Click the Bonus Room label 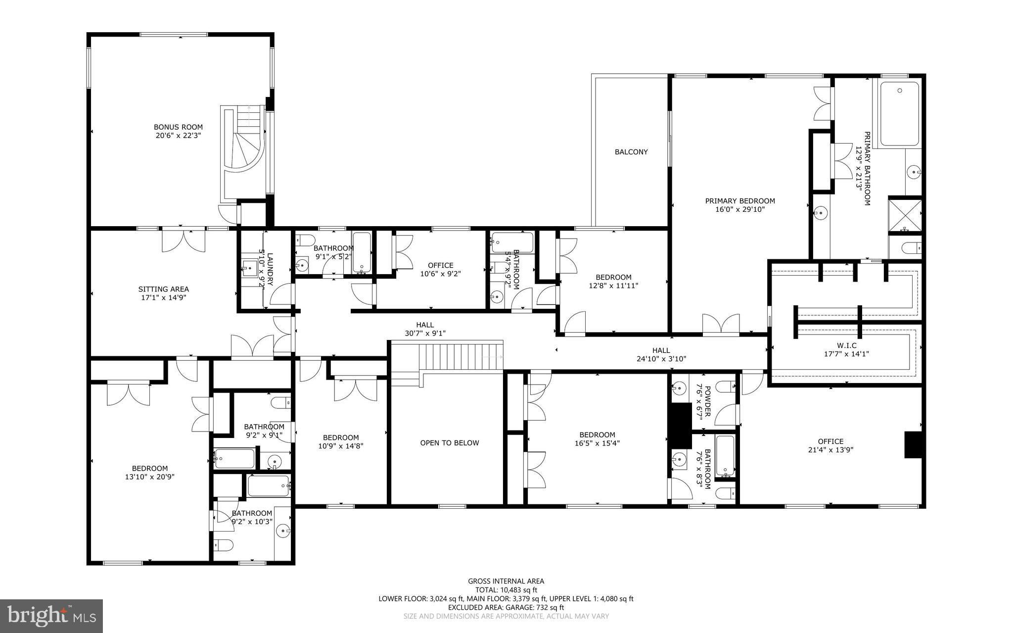178,127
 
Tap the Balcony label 631,152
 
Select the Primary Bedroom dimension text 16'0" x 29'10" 740,209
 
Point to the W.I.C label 846,345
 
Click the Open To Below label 450,443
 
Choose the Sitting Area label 163,289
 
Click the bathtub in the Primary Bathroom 900,113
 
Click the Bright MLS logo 51,616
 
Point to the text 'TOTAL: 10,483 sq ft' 506,590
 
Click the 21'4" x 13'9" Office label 830,445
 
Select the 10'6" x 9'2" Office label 440,269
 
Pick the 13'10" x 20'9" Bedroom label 150,473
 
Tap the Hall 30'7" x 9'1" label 425,329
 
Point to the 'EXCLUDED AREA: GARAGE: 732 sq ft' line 506,607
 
